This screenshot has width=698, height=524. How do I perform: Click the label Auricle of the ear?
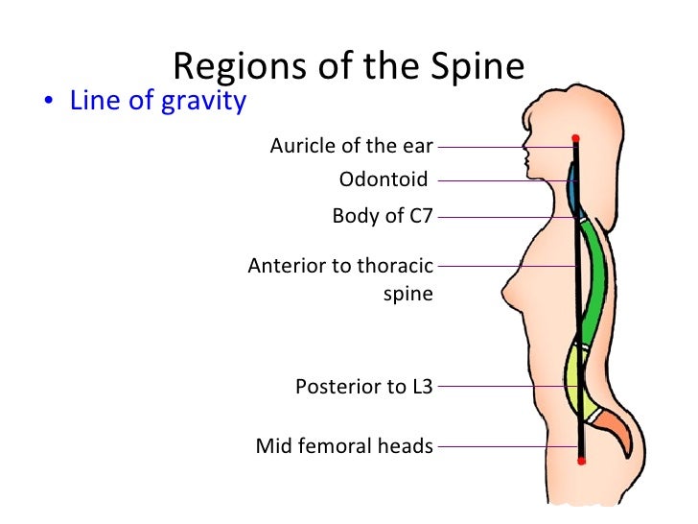click(351, 146)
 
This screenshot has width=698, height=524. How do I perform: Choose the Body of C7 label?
click(383, 216)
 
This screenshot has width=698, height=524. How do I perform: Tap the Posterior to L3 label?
click(364, 387)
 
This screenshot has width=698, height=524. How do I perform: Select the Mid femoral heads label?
click(344, 446)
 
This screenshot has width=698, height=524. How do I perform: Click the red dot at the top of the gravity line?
click(575, 139)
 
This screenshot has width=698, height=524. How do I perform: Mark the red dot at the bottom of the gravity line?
click(581, 462)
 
